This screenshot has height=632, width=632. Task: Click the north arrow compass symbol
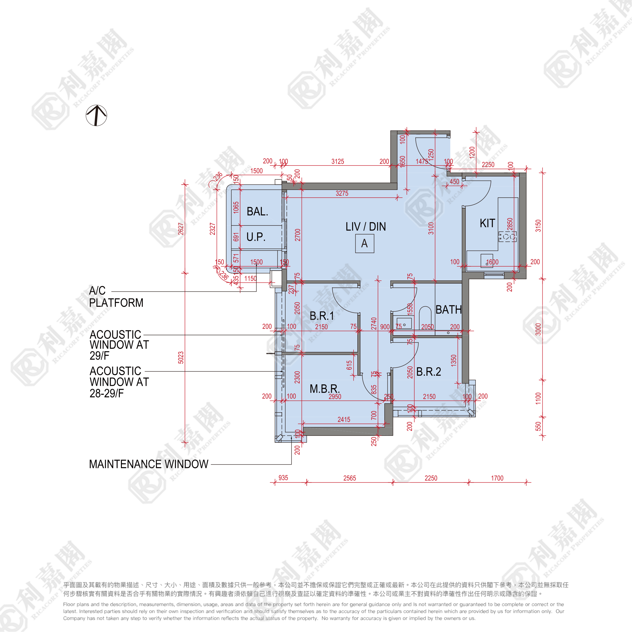pyautogui.click(x=96, y=115)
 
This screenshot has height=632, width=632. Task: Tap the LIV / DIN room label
pyautogui.click(x=365, y=227)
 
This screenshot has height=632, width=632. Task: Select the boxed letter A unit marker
pyautogui.click(x=365, y=244)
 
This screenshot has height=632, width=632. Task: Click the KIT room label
pyautogui.click(x=487, y=223)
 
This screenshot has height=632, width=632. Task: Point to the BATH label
pyautogui.click(x=448, y=309)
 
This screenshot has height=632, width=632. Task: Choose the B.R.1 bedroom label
pyautogui.click(x=321, y=316)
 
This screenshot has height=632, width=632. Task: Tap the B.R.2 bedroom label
pyautogui.click(x=429, y=372)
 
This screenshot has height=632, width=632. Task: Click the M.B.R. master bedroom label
pyautogui.click(x=325, y=389)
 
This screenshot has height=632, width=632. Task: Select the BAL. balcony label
pyautogui.click(x=257, y=212)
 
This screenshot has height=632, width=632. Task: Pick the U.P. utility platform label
pyautogui.click(x=256, y=237)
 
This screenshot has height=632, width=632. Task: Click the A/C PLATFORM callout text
pyautogui.click(x=116, y=297)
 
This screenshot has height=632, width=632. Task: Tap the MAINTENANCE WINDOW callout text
pyautogui.click(x=149, y=464)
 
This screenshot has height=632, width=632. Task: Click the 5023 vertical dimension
pyautogui.click(x=181, y=358)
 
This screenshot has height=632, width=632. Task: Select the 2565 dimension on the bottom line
pyautogui.click(x=349, y=478)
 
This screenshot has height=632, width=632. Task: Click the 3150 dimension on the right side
pyautogui.click(x=538, y=226)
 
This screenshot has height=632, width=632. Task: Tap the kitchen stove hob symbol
pyautogui.click(x=507, y=236)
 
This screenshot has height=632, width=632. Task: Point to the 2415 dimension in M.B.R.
pyautogui.click(x=344, y=419)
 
